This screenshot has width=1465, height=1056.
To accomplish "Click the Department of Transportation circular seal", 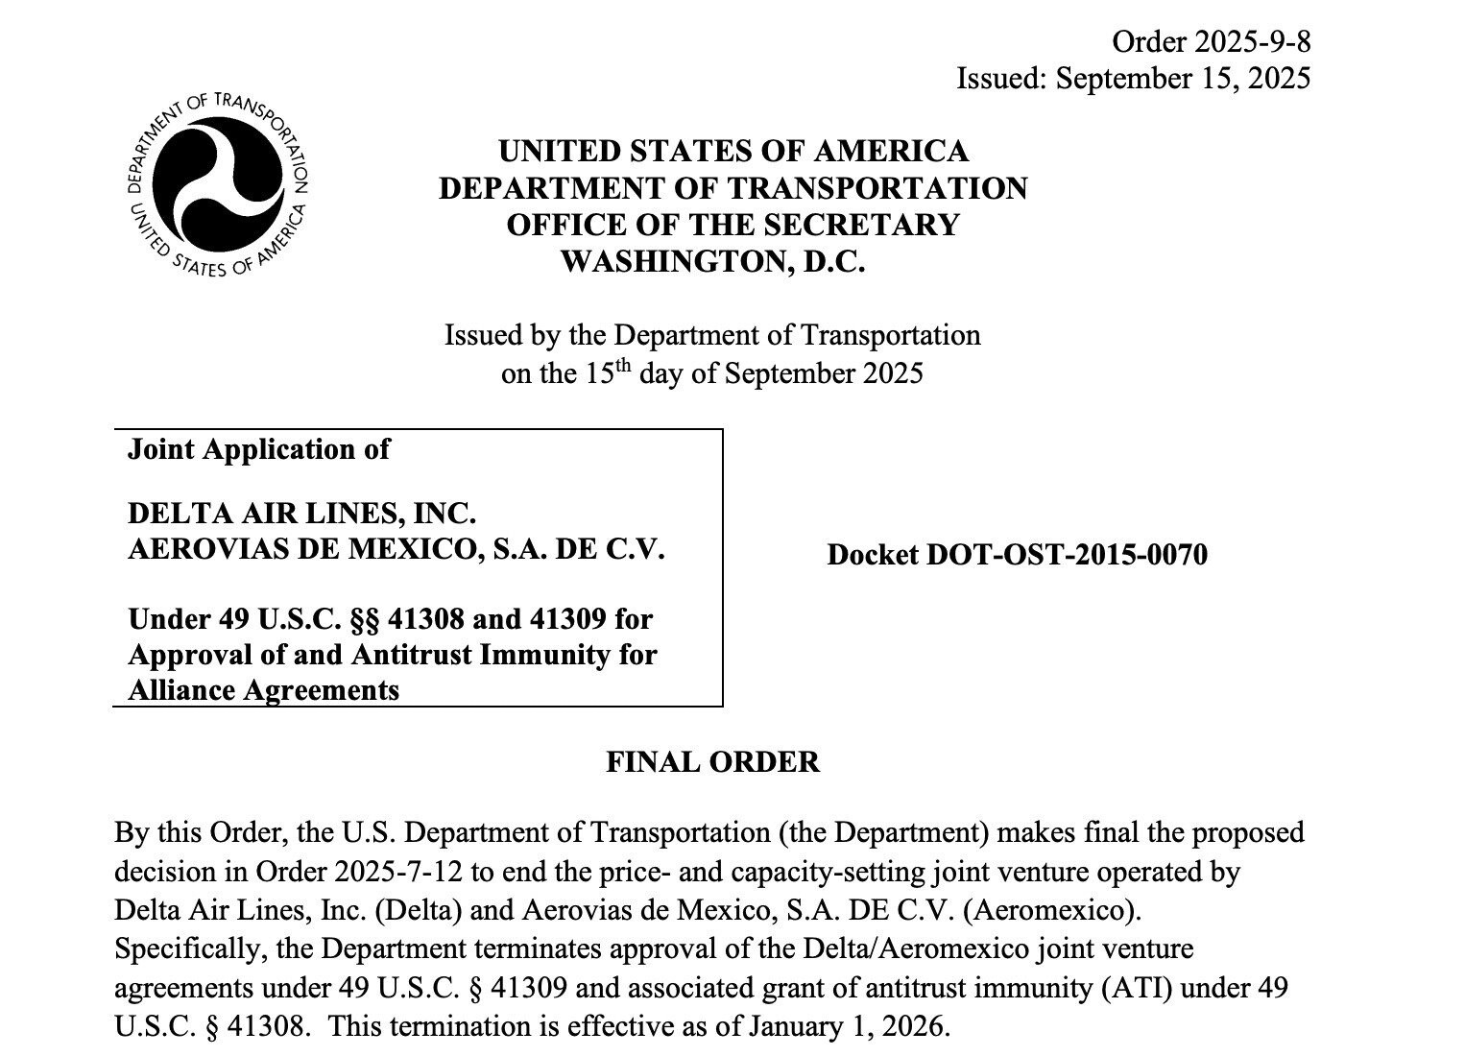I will click(218, 183).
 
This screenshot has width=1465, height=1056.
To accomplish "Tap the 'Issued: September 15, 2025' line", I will click(1133, 78).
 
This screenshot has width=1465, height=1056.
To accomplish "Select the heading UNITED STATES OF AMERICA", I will click(733, 152).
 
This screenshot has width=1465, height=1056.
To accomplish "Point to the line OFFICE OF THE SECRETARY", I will click(732, 225).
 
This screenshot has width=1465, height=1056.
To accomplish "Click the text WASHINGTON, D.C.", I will click(713, 261).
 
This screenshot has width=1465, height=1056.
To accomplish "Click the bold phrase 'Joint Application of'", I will click(259, 449).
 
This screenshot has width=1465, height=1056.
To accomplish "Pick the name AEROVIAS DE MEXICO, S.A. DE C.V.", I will click(396, 550).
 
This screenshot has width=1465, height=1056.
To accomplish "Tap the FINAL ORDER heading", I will click(713, 762).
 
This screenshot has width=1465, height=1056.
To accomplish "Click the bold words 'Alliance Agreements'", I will click(264, 690).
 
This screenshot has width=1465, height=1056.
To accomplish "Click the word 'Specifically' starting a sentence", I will click(188, 949).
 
